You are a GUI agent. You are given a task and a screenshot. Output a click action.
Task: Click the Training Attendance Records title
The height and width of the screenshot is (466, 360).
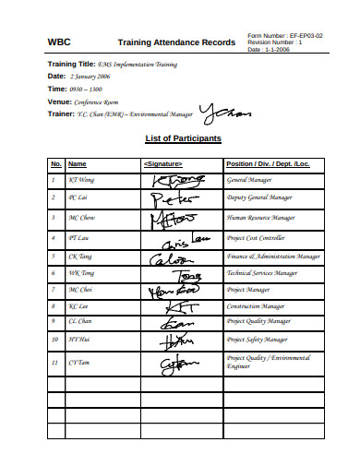(175, 42)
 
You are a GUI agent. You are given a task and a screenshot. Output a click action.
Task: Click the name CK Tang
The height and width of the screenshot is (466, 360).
(80, 256)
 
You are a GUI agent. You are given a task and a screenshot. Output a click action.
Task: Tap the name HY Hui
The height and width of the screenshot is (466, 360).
(79, 340)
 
